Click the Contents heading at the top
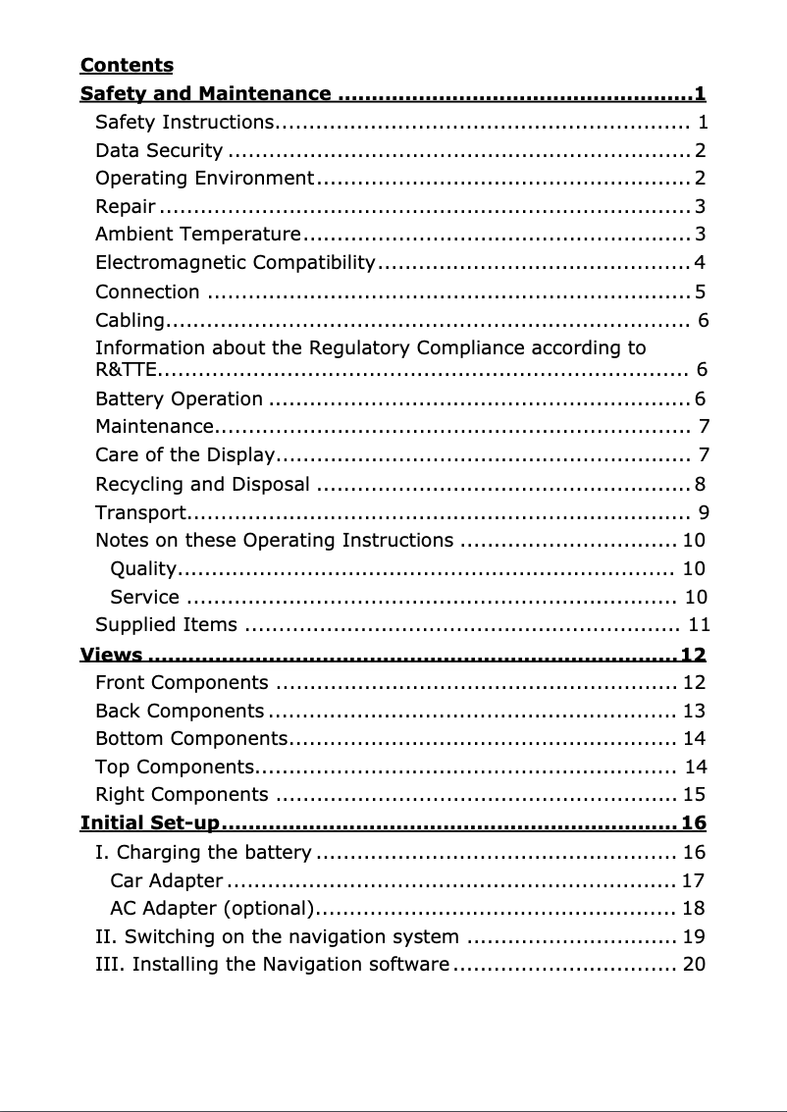click(x=127, y=66)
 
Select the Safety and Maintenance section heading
click(x=205, y=94)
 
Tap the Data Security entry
click(x=159, y=150)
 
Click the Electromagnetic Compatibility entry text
click(x=236, y=263)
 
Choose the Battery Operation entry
click(x=179, y=398)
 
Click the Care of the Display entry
click(x=184, y=454)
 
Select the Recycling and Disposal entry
click(x=202, y=484)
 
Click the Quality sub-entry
click(x=143, y=569)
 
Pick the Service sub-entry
click(x=144, y=597)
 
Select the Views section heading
click(x=111, y=655)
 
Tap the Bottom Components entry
click(x=190, y=738)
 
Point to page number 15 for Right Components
click(x=694, y=794)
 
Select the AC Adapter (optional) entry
click(x=212, y=908)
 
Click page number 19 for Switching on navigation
click(x=694, y=936)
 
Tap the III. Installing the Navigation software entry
click(x=272, y=964)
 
